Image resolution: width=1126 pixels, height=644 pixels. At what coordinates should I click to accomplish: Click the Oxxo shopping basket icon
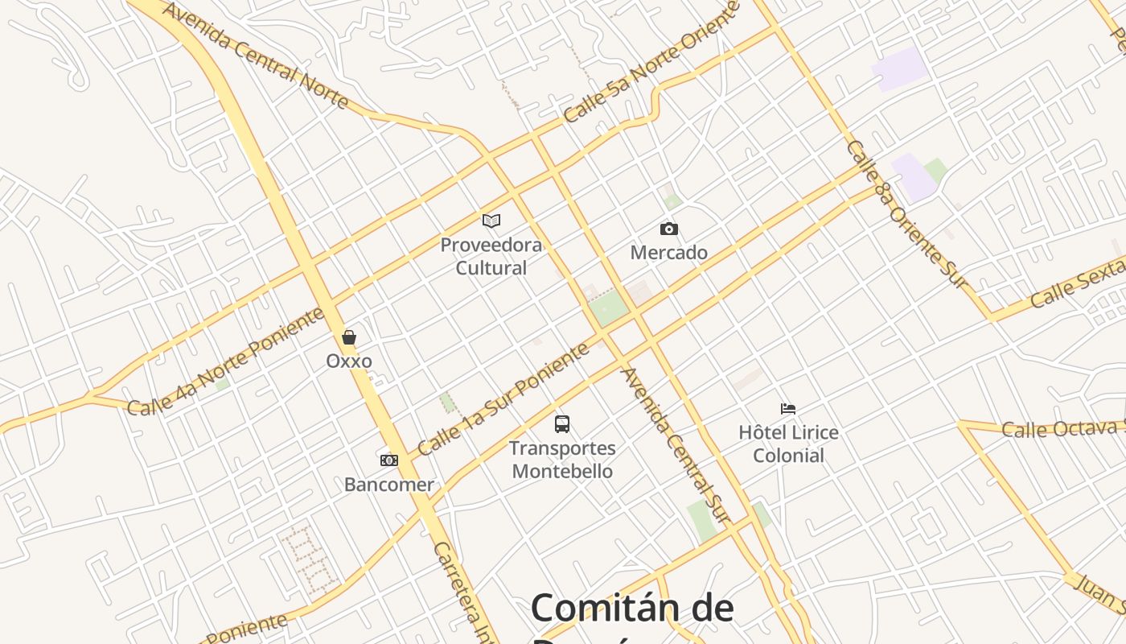click(349, 337)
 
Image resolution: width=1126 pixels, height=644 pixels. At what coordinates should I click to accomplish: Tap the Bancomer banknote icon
click(389, 460)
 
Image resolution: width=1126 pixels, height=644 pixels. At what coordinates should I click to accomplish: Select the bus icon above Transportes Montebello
click(562, 423)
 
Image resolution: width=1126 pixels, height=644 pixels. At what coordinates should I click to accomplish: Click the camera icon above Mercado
click(668, 229)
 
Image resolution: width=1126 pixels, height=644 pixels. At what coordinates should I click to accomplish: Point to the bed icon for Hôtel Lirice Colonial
click(788, 409)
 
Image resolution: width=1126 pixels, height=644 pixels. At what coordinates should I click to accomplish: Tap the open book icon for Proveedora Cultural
click(491, 221)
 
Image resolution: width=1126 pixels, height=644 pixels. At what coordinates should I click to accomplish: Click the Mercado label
click(668, 253)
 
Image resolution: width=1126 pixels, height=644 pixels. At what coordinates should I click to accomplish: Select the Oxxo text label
click(349, 361)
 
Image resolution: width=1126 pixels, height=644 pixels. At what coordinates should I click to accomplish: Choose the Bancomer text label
click(389, 485)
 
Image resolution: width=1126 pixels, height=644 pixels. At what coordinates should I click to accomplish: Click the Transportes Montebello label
click(562, 460)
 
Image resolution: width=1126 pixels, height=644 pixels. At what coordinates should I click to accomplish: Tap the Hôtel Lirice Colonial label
click(788, 444)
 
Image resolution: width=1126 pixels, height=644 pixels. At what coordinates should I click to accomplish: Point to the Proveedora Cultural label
click(491, 256)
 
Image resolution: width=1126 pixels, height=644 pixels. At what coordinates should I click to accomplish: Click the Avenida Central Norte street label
click(255, 54)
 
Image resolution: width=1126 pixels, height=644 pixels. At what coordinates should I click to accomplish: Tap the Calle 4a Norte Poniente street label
click(226, 361)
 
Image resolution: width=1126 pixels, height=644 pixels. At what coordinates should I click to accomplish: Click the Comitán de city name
click(632, 608)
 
